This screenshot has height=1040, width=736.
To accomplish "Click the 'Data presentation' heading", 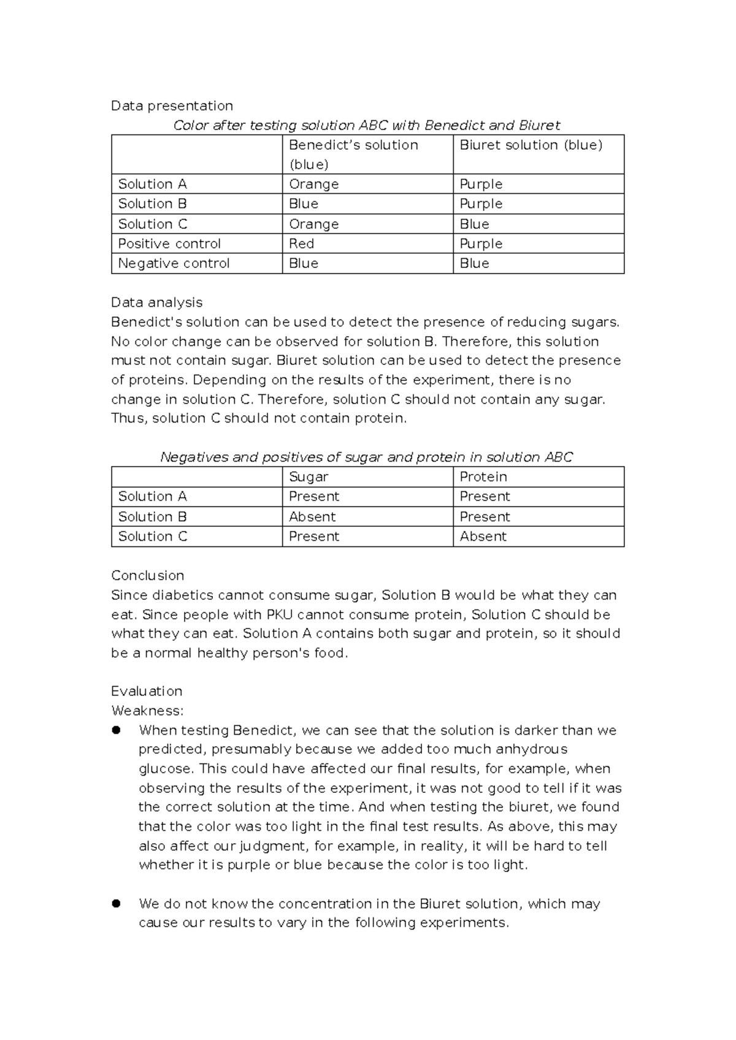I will pyautogui.click(x=172, y=106).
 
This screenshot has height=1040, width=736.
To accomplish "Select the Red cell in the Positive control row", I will pyautogui.click(x=301, y=244).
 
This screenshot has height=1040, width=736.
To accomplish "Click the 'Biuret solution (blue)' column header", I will pyautogui.click(x=531, y=145).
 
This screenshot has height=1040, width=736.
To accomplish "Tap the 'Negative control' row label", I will pyautogui.click(x=174, y=264).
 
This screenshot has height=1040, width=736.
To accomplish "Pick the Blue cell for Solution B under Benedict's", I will pyautogui.click(x=304, y=204).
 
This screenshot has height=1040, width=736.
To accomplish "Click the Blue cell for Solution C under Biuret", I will pyautogui.click(x=474, y=224).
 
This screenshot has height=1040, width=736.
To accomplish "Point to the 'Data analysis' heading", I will pyautogui.click(x=156, y=302).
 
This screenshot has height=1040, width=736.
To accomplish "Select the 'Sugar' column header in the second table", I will pyautogui.click(x=309, y=477).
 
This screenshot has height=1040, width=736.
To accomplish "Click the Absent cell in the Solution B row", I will pyautogui.click(x=312, y=517).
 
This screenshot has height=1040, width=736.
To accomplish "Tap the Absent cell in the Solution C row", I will pyautogui.click(x=483, y=537).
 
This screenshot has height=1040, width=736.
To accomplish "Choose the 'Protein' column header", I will pyautogui.click(x=483, y=477).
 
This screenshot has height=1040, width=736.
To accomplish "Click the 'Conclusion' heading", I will pyautogui.click(x=147, y=576).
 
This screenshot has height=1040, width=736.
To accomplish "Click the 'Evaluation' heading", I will pyautogui.click(x=147, y=692).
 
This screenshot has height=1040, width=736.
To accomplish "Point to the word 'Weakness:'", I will pyautogui.click(x=147, y=711).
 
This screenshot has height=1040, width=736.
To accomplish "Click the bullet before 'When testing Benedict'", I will pyautogui.click(x=116, y=730).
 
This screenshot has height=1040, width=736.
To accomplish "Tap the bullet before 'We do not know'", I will pyautogui.click(x=116, y=904).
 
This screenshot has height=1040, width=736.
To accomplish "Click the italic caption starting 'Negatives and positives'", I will pyautogui.click(x=366, y=457).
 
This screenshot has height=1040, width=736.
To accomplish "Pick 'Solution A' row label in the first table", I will pyautogui.click(x=152, y=185).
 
